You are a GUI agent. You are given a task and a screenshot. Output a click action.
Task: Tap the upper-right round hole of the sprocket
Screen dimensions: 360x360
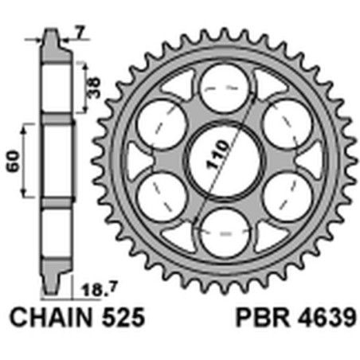pyautogui.click(x=288, y=122)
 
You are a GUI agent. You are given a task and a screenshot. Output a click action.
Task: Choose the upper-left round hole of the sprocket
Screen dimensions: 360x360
pyautogui.click(x=159, y=122)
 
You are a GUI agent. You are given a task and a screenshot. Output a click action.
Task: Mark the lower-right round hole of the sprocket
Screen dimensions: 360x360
pyautogui.click(x=288, y=196)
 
